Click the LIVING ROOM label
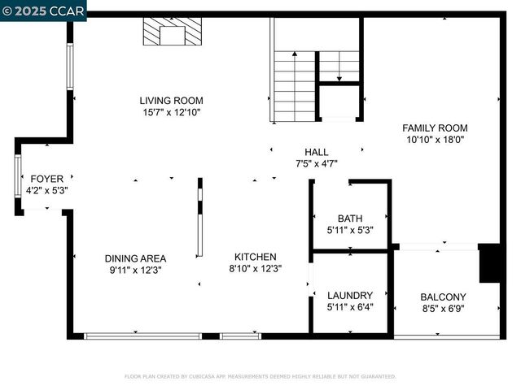pos(170,101)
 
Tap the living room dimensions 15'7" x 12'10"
pos(170,113)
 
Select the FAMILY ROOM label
pos(435,128)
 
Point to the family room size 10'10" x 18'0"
pos(435,140)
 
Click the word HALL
pos(316,152)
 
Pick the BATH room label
pos(350,218)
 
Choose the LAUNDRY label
pos(350,295)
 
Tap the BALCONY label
pos(443,297)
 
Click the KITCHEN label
pos(256,257)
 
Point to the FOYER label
pos(46,179)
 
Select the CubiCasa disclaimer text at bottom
pos(260,376)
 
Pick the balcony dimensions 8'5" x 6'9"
pos(443,309)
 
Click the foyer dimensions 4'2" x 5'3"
pos(46,191)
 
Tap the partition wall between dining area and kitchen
pos(199,219)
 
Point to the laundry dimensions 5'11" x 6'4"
pos(350,307)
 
